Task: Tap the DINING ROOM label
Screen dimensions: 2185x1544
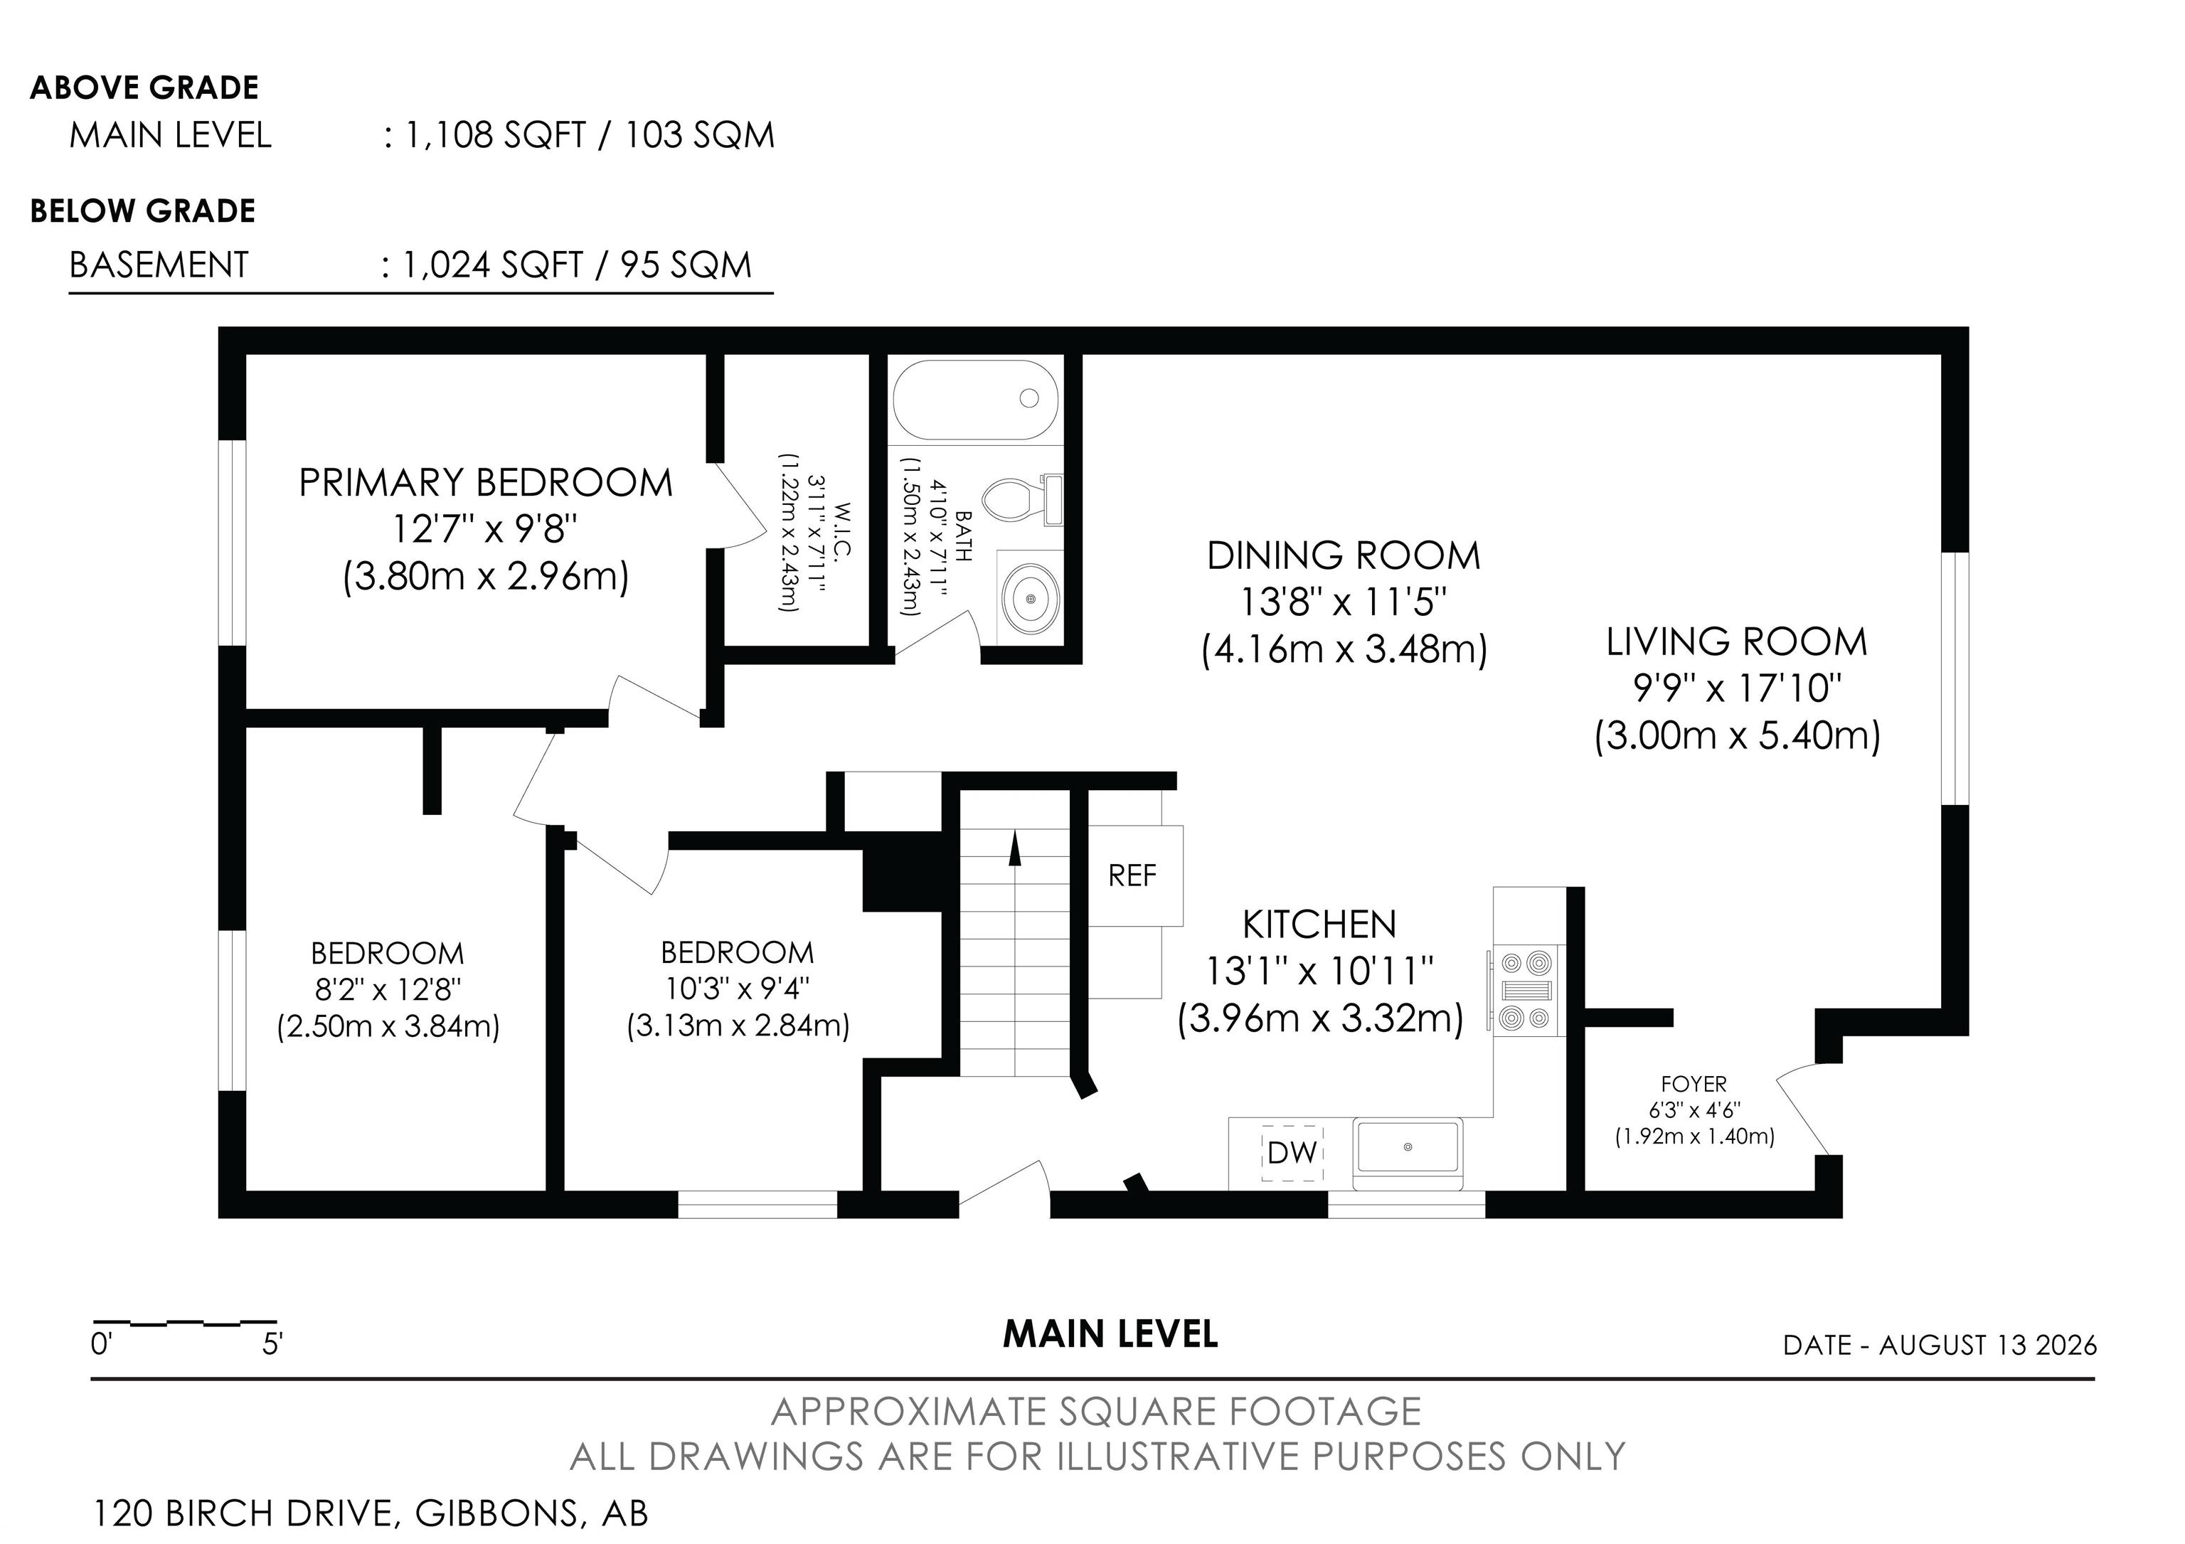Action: pos(1344,555)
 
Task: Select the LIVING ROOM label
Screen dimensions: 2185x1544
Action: pos(1737,642)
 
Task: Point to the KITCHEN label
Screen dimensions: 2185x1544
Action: pos(1320,924)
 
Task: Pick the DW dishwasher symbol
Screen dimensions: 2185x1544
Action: pos(1292,1153)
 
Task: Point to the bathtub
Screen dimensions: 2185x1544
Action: pos(975,400)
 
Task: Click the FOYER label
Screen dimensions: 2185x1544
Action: pos(1694,1084)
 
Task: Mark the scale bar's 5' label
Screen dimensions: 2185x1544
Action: pos(273,1344)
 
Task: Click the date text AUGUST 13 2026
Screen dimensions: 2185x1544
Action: pos(1988,1345)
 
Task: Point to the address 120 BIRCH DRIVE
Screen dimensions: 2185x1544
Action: pos(244,1513)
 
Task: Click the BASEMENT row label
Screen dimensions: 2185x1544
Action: pos(159,265)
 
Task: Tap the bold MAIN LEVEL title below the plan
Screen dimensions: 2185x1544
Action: pos(1110,1335)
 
